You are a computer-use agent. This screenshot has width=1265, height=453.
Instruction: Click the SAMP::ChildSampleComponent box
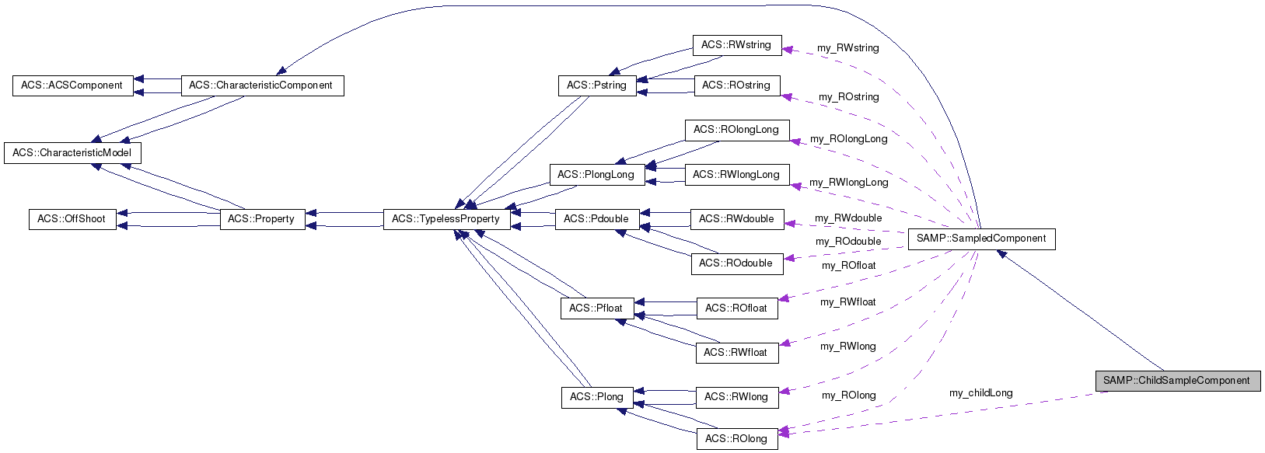click(x=1176, y=381)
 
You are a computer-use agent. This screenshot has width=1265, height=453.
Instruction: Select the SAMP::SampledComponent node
click(x=981, y=239)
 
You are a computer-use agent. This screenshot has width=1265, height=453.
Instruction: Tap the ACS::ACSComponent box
click(x=72, y=85)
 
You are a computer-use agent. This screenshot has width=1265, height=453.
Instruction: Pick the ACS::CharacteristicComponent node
click(x=261, y=85)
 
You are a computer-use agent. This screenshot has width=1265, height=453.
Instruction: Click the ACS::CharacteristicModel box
click(x=72, y=153)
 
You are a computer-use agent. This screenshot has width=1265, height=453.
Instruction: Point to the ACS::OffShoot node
click(x=72, y=219)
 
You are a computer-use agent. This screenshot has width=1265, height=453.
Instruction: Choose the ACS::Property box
click(x=261, y=219)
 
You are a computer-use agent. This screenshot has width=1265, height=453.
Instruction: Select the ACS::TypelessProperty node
click(x=446, y=219)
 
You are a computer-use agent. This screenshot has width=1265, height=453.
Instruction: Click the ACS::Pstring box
click(x=596, y=85)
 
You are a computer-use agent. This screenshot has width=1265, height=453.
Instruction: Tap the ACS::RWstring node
click(x=736, y=45)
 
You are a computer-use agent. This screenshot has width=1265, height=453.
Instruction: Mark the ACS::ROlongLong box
click(x=736, y=130)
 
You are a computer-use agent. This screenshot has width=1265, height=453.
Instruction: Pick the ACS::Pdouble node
click(x=596, y=219)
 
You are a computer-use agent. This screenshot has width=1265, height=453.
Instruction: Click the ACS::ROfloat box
click(x=736, y=308)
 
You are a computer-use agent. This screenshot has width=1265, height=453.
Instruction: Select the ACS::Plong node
click(x=596, y=397)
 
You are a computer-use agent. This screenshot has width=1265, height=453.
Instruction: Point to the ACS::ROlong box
click(x=736, y=439)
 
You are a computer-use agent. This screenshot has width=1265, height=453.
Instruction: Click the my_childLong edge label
click(x=981, y=393)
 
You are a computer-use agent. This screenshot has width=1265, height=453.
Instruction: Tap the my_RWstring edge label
click(x=848, y=48)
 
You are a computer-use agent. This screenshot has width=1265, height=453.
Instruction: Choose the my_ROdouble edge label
click(x=848, y=242)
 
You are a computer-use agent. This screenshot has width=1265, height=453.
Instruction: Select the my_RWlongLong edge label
click(x=849, y=183)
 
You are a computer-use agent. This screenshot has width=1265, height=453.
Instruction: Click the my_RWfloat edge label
click(x=848, y=302)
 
